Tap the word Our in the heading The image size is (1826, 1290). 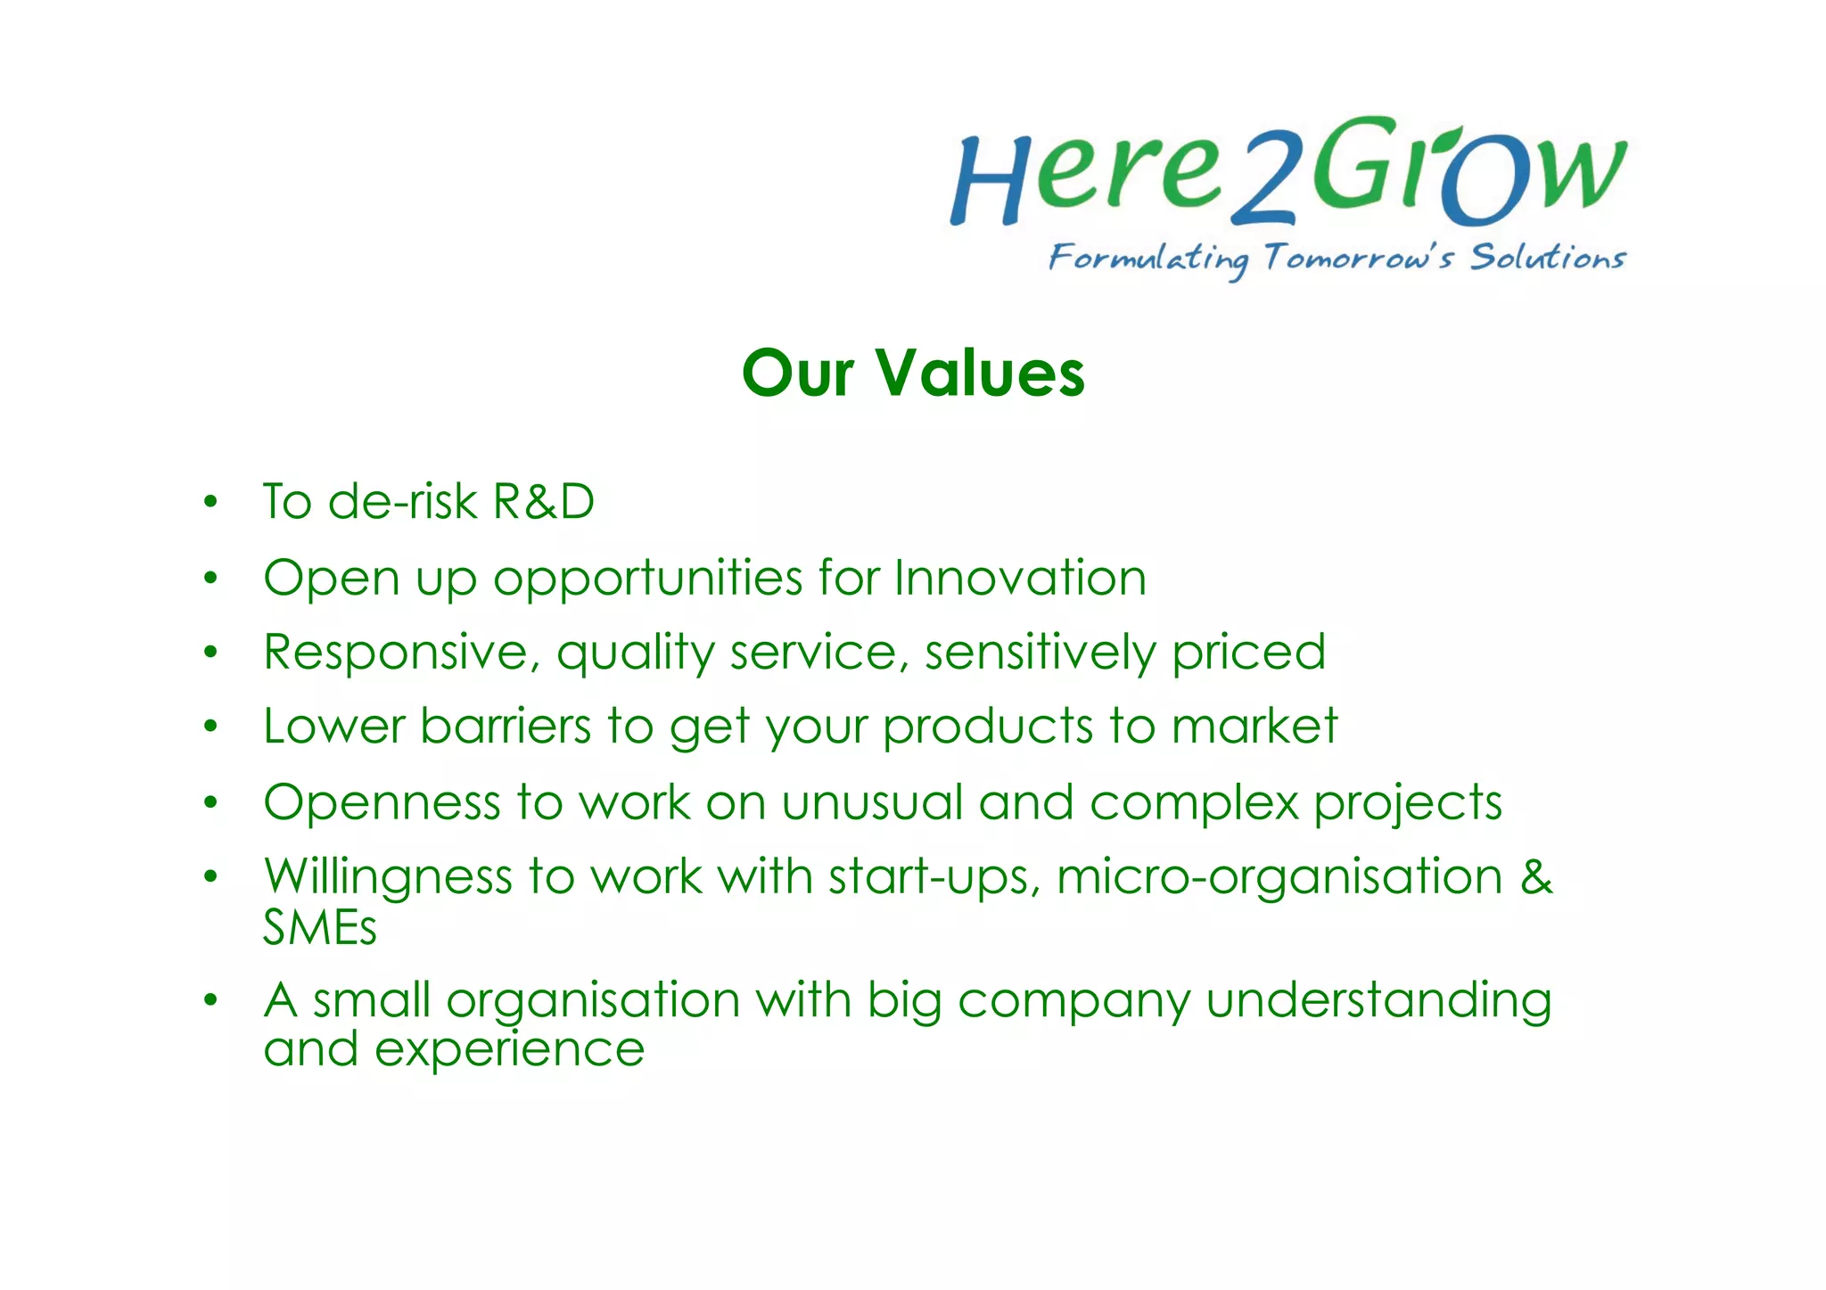pos(797,373)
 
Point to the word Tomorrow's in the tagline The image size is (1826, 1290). pos(1359,258)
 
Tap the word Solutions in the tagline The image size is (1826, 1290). pos(1548,257)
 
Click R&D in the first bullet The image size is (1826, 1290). pos(543,501)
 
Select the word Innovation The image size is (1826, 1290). pos(1020,578)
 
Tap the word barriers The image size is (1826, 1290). pos(506,726)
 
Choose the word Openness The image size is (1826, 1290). pos(382,802)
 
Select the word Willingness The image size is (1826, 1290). pos(388,877)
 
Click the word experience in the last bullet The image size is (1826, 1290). pos(509,1049)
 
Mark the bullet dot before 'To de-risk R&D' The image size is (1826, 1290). pos(210,502)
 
